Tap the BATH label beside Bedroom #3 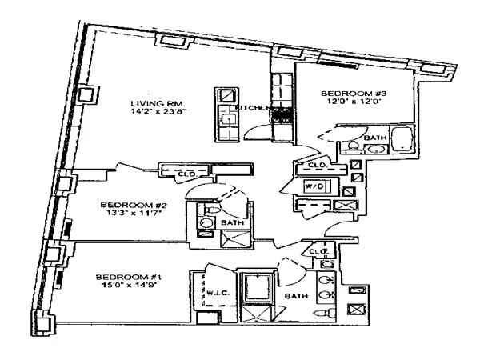(374, 138)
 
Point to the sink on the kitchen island (226, 120)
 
